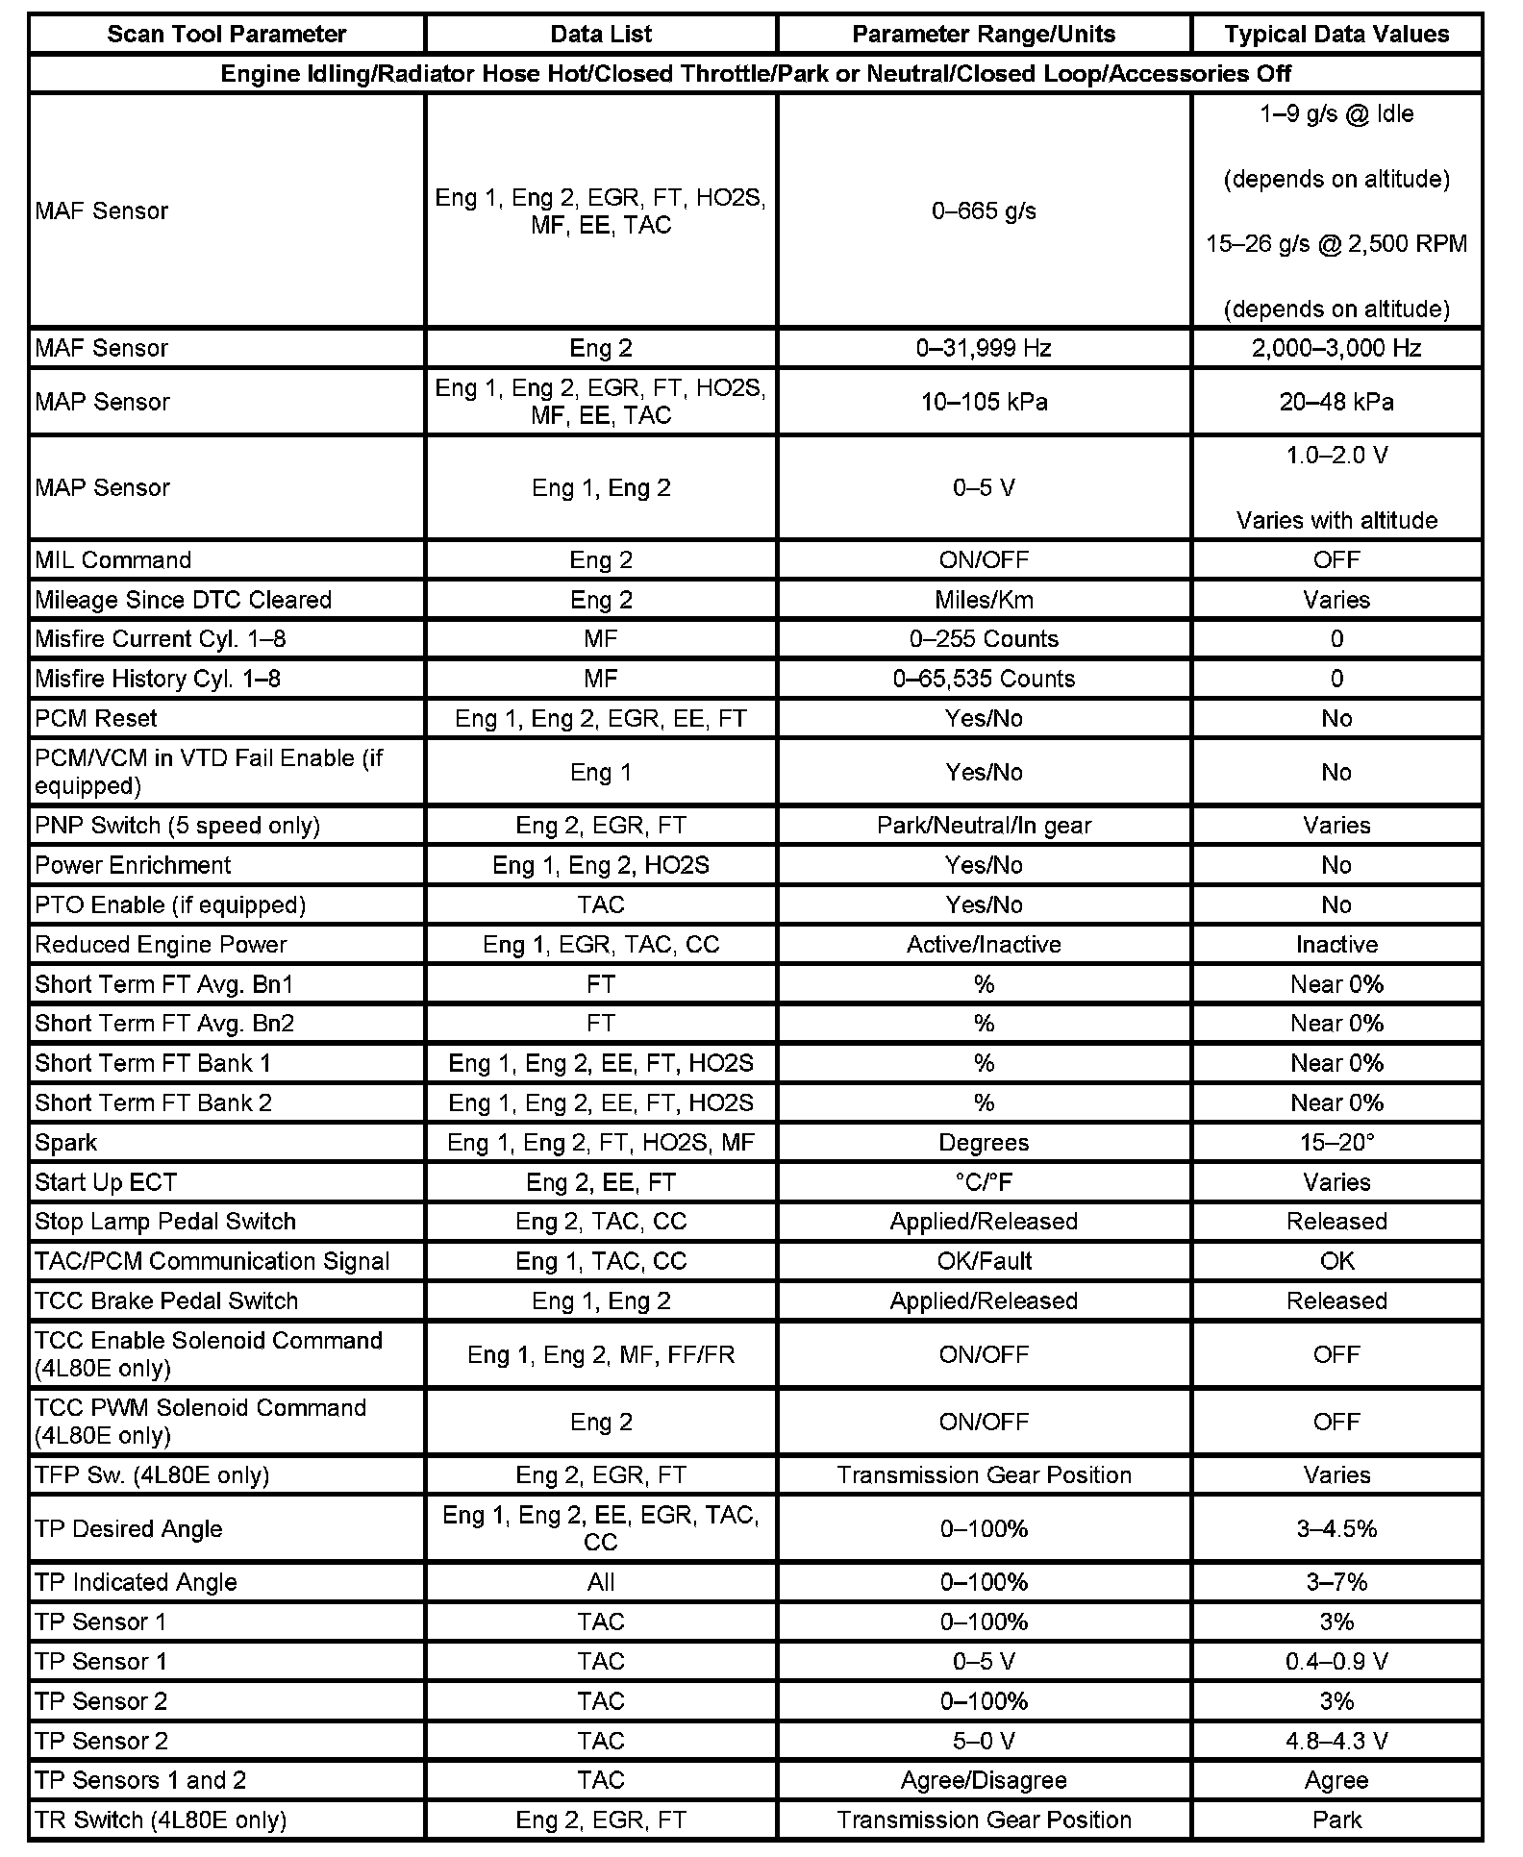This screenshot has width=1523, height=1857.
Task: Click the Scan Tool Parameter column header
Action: point(226,35)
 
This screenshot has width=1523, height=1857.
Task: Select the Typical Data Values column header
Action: point(1336,35)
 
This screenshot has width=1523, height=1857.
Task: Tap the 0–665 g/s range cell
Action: point(984,211)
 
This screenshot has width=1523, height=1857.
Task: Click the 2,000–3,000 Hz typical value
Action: point(1336,348)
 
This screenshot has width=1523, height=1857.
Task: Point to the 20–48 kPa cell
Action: point(1336,402)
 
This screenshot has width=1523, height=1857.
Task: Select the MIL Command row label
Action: point(113,560)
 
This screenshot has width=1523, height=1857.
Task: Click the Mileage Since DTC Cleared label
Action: point(183,600)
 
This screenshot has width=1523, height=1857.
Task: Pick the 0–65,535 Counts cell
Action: point(984,679)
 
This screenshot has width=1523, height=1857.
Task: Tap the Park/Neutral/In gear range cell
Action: point(984,826)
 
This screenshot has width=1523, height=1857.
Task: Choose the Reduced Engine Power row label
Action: point(161,945)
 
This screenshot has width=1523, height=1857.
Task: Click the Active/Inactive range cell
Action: point(984,945)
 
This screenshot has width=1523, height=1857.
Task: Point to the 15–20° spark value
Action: point(1336,1143)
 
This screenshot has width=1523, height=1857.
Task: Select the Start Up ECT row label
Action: point(106,1182)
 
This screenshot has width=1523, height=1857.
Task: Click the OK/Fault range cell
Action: point(984,1261)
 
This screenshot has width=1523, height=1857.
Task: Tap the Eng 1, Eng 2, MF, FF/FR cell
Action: point(601,1354)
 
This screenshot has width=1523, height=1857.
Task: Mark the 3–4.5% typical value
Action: point(1336,1528)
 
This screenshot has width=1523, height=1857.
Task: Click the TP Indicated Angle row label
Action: point(136,1582)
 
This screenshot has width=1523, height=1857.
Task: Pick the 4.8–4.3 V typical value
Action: point(1336,1741)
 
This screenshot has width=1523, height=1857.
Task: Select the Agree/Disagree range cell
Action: point(984,1780)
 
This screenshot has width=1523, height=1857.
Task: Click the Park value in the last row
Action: point(1336,1820)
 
